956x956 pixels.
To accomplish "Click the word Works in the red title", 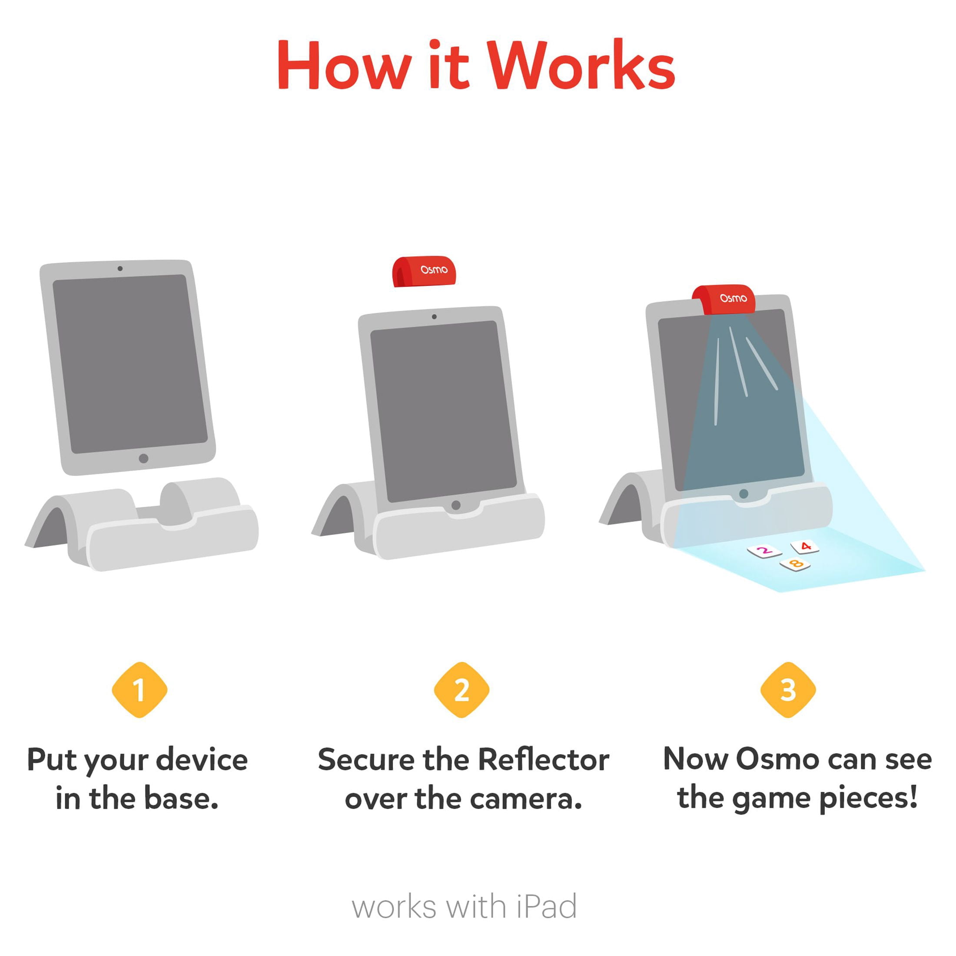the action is [x=581, y=64].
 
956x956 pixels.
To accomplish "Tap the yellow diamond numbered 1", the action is [x=139, y=690].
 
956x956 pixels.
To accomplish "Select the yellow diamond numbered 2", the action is [x=461, y=690].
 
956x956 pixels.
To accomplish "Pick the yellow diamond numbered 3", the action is [x=788, y=690].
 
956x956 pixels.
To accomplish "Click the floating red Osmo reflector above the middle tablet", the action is [x=424, y=271].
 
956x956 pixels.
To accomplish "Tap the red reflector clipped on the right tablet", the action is [x=724, y=299].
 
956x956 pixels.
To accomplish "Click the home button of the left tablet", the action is [x=143, y=458].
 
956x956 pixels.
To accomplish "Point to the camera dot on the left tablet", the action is [x=120, y=268].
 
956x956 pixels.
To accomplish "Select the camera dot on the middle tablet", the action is [x=434, y=317].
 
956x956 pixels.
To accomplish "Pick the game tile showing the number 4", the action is [x=805, y=546].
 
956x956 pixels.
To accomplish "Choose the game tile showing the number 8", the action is [x=795, y=564].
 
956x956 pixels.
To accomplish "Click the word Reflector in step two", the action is [x=544, y=760].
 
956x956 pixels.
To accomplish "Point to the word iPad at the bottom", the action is [x=547, y=906].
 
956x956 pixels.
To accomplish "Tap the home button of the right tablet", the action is [x=743, y=494].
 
